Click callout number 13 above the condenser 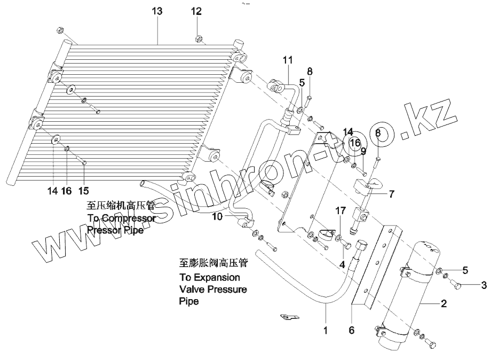(157, 11)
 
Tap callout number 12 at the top (197, 11)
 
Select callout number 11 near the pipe (288, 60)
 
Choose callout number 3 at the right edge (484, 285)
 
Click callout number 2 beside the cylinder (442, 304)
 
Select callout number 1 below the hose (325, 331)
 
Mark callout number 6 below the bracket (351, 331)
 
